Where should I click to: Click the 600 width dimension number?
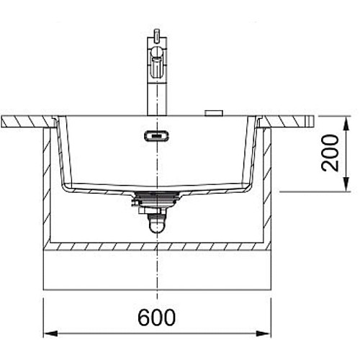[x=156, y=318]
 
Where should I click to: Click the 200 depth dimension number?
[x=330, y=153]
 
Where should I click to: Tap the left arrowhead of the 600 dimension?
[x=50, y=334]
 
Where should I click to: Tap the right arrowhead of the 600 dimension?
[x=264, y=334]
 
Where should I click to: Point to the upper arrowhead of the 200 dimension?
[x=346, y=124]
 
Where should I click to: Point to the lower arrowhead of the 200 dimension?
[x=346, y=184]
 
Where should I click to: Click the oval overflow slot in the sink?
[x=156, y=136]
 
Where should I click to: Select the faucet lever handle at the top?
[x=157, y=34]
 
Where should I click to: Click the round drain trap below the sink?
[x=156, y=225]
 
